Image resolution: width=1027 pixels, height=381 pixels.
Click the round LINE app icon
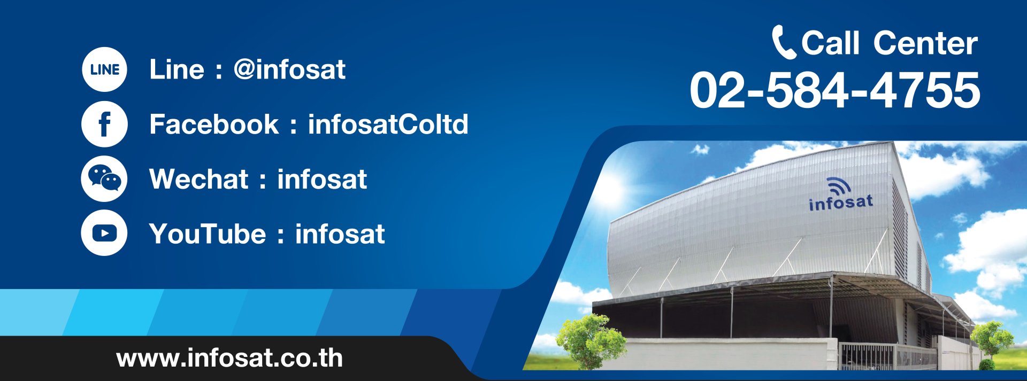pyautogui.click(x=104, y=69)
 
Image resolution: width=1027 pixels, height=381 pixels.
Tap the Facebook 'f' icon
pyautogui.click(x=104, y=124)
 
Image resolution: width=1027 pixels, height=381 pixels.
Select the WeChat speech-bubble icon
pyautogui.click(x=104, y=178)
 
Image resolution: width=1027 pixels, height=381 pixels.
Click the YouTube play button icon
pyautogui.click(x=104, y=233)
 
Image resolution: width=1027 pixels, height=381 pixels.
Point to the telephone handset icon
pyautogui.click(x=784, y=42)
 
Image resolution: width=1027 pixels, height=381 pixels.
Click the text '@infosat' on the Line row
pyautogui.click(x=289, y=69)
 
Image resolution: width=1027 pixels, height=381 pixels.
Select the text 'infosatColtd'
pyautogui.click(x=388, y=124)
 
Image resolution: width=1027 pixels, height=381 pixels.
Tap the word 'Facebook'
pyautogui.click(x=214, y=124)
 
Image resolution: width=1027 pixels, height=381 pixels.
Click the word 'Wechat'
pyautogui.click(x=199, y=179)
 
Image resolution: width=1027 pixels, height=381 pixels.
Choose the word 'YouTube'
pyautogui.click(x=208, y=234)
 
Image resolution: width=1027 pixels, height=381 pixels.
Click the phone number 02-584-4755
pyautogui.click(x=835, y=90)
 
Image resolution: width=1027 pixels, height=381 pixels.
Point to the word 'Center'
pyautogui.click(x=925, y=43)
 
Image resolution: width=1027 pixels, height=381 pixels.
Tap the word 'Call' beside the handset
pyautogui.click(x=830, y=43)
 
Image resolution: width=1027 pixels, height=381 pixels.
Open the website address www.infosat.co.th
pyautogui.click(x=229, y=358)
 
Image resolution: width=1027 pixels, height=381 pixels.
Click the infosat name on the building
pyautogui.click(x=841, y=202)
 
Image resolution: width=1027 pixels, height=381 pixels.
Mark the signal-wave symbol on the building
pyautogui.click(x=839, y=185)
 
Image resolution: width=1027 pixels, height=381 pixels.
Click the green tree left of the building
pyautogui.click(x=591, y=341)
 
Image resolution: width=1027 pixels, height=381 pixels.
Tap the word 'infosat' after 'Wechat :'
pyautogui.click(x=322, y=179)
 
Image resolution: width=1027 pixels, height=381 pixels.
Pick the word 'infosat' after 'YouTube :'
pyautogui.click(x=340, y=234)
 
